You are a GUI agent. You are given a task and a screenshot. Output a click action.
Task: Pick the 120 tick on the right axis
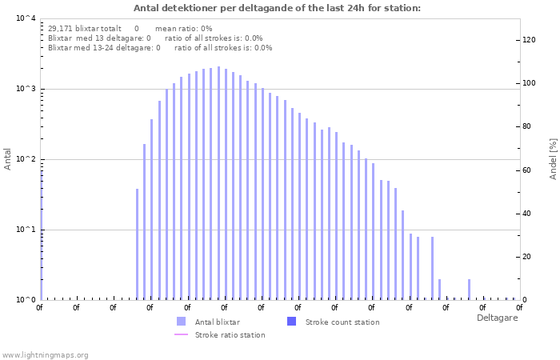(x=529, y=40)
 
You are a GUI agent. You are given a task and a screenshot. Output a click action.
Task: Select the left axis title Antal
(x=8, y=158)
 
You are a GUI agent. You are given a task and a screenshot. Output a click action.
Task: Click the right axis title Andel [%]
(x=552, y=158)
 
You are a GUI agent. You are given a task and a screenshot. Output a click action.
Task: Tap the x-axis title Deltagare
(x=497, y=318)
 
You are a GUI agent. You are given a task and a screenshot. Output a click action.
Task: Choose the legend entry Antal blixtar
(x=216, y=322)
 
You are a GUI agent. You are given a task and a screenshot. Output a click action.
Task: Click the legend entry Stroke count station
(x=343, y=322)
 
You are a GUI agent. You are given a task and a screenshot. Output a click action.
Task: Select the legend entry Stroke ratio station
(x=230, y=334)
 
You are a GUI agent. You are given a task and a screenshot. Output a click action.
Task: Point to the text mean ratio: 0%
(x=183, y=28)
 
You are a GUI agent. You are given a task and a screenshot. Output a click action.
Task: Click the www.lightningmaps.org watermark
(x=46, y=354)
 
